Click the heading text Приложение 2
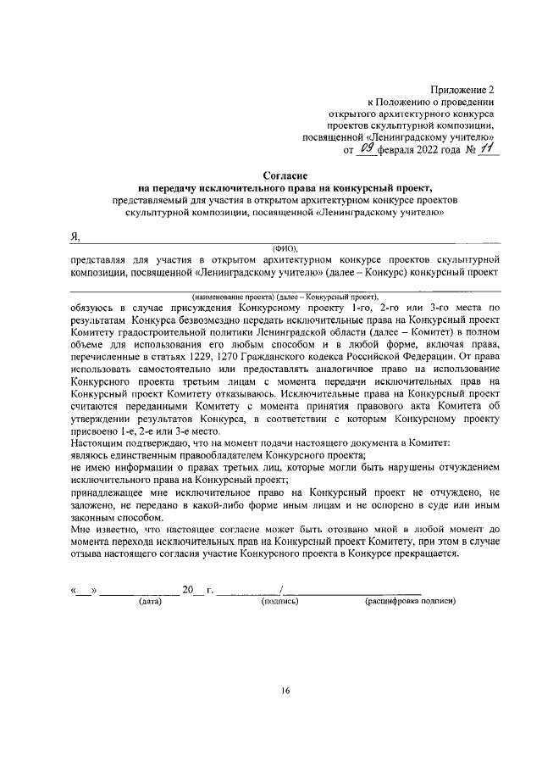(462, 88)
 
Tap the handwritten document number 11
(488, 149)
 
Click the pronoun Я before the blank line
(75, 235)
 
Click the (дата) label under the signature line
(150, 602)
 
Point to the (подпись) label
(280, 602)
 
